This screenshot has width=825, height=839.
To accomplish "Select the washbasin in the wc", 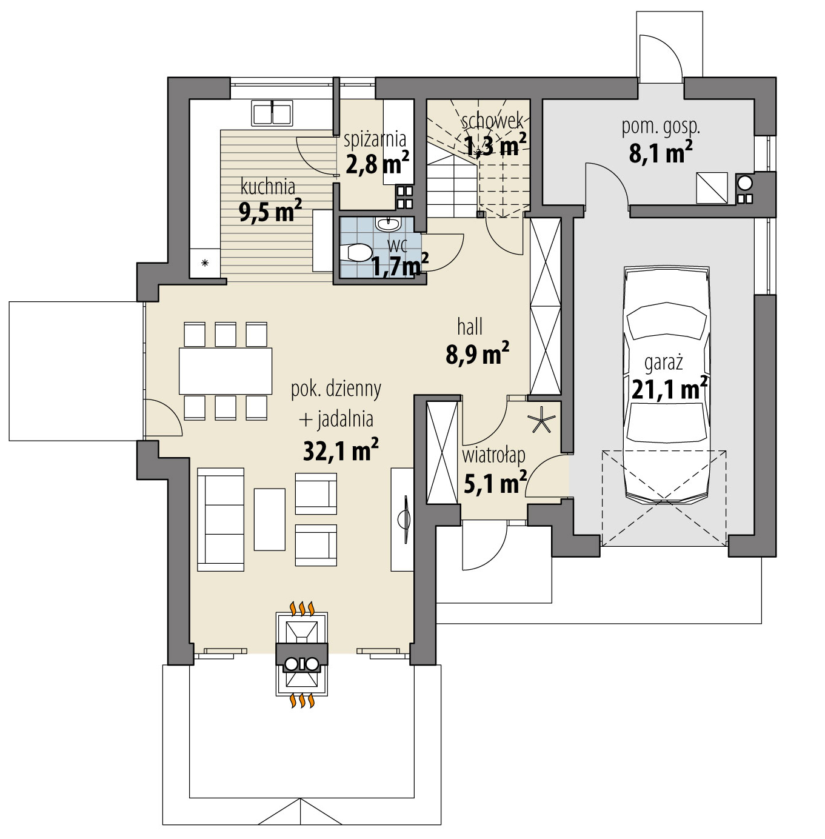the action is coord(387,224).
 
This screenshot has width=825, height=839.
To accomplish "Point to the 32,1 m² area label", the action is coord(341,450).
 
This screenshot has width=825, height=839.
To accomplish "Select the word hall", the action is coord(470,327).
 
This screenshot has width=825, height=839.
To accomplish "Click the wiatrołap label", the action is coord(493,456).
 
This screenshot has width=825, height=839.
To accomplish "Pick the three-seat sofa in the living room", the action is coord(221,520).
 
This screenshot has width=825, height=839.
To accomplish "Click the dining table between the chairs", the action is coord(225,370).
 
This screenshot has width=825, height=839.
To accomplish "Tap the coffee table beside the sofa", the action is coord(270,519).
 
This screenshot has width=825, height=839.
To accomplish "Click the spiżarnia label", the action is coord(375,140).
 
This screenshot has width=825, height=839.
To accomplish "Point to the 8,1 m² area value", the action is coord(661,152).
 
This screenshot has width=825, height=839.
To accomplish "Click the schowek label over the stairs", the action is coord(492,121).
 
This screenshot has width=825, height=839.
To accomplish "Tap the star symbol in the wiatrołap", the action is coord(541,419).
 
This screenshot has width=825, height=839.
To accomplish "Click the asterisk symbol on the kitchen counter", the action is coord(205,262).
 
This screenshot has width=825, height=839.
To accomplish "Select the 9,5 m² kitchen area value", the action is coord(270,211).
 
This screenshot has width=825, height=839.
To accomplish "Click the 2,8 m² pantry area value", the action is coord(378,163).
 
